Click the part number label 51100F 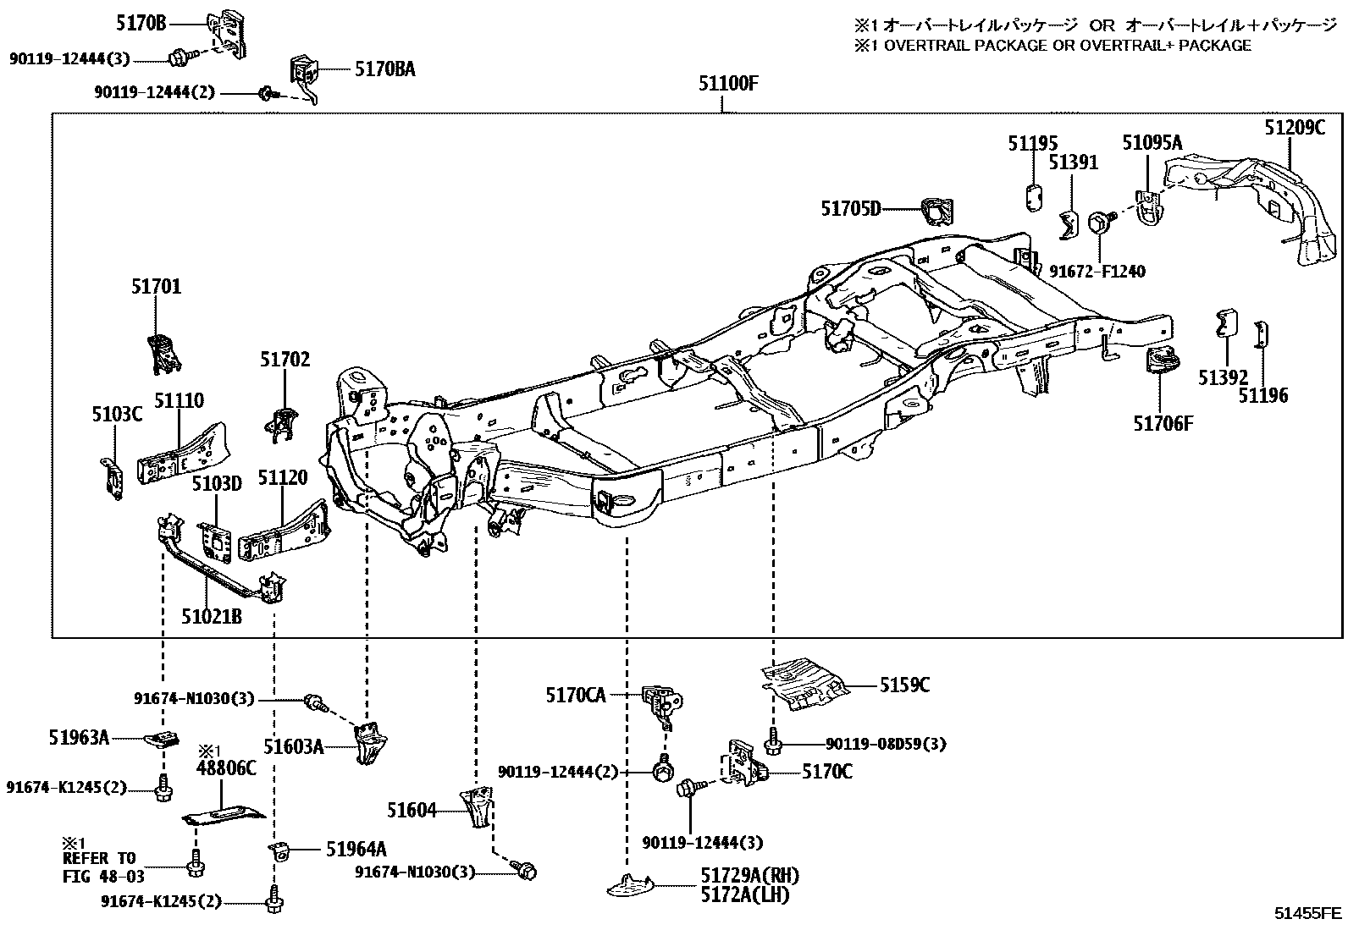728,83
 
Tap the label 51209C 1295,128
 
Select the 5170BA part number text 385,69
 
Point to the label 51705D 851,209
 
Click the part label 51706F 1163,423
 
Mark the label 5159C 904,685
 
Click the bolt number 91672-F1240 1097,272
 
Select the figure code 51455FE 1307,913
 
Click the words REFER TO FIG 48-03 103,867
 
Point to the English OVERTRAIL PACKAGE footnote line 1052,45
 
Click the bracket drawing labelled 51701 164,354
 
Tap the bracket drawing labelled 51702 282,424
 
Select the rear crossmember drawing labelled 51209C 1251,207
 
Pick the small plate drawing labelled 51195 1034,198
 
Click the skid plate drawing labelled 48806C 224,816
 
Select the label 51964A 356,849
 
